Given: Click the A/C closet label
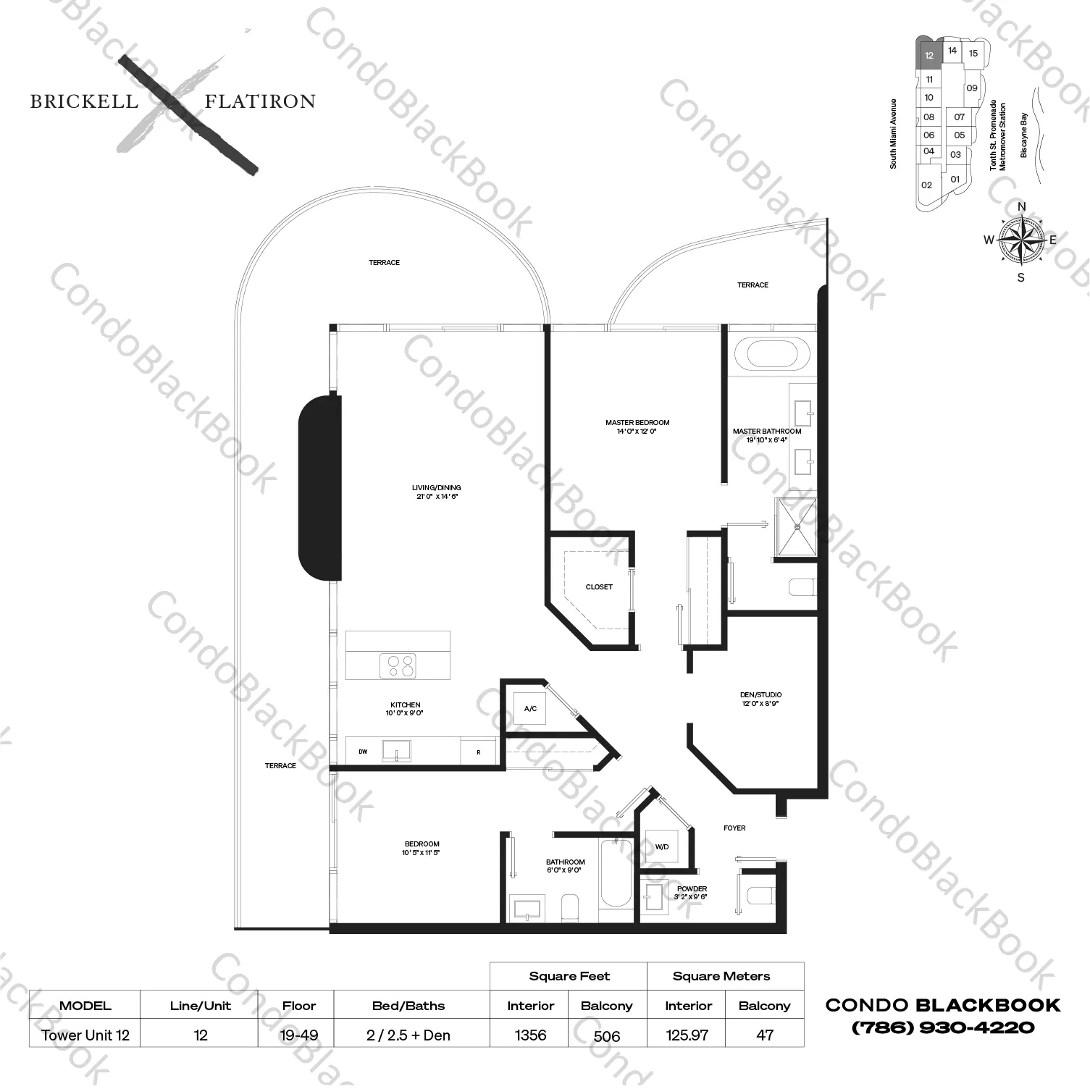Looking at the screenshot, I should [530, 708].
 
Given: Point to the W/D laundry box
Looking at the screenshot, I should [661, 846].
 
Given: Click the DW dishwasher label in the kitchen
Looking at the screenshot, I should [363, 752].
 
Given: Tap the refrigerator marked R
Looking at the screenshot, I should [479, 752].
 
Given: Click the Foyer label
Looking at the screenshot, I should [734, 828].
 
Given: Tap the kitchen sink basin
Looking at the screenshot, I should [396, 750].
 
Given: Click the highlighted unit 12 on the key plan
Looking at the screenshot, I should [929, 55].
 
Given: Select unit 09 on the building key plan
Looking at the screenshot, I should [972, 88].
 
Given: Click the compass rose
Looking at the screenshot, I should [1021, 240].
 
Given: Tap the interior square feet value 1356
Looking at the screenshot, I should [530, 1035].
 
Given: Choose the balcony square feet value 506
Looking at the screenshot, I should [606, 1035].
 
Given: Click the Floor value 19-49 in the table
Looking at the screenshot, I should [299, 1035].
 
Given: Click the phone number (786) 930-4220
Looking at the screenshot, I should [943, 1027].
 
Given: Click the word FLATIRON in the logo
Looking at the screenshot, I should [260, 101].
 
